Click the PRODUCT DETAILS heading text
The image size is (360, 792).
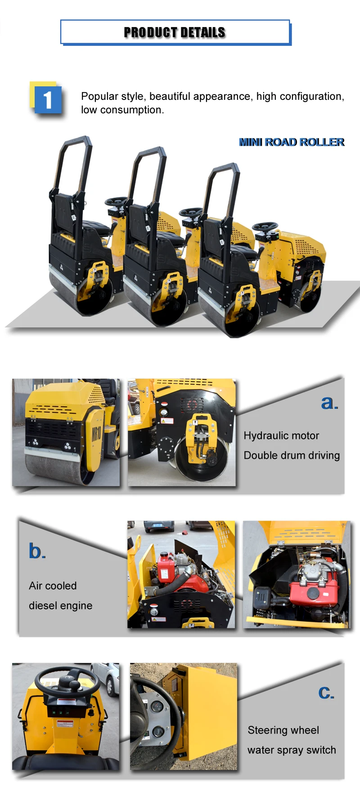(x=175, y=32)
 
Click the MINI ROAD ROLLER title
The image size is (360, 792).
(x=292, y=142)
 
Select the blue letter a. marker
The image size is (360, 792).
(x=329, y=403)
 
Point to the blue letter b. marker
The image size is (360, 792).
(x=37, y=551)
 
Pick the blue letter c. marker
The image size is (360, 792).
(x=326, y=692)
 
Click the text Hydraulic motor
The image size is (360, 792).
(x=281, y=436)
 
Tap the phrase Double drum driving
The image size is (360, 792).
(x=292, y=456)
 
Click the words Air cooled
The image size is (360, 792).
(x=53, y=586)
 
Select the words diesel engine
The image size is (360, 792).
(x=60, y=606)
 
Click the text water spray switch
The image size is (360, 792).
(x=292, y=750)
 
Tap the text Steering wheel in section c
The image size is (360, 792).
(x=283, y=730)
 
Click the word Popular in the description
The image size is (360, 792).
(x=99, y=96)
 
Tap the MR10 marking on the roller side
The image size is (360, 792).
(x=96, y=434)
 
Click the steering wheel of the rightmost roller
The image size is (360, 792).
(x=265, y=226)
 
